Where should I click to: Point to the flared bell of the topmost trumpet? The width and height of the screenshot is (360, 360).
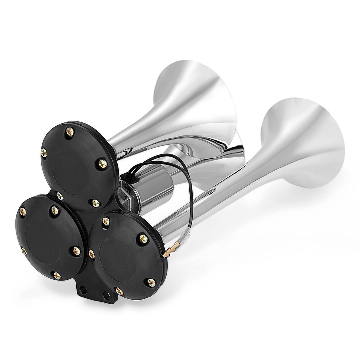[x=196, y=97]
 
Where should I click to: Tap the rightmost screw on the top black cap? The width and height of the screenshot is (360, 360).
[x=103, y=164]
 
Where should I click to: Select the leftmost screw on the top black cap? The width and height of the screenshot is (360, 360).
[x=44, y=152]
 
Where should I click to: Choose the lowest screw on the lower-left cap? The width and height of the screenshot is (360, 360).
[x=57, y=276]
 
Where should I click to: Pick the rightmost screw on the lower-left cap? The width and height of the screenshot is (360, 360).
[x=76, y=251]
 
